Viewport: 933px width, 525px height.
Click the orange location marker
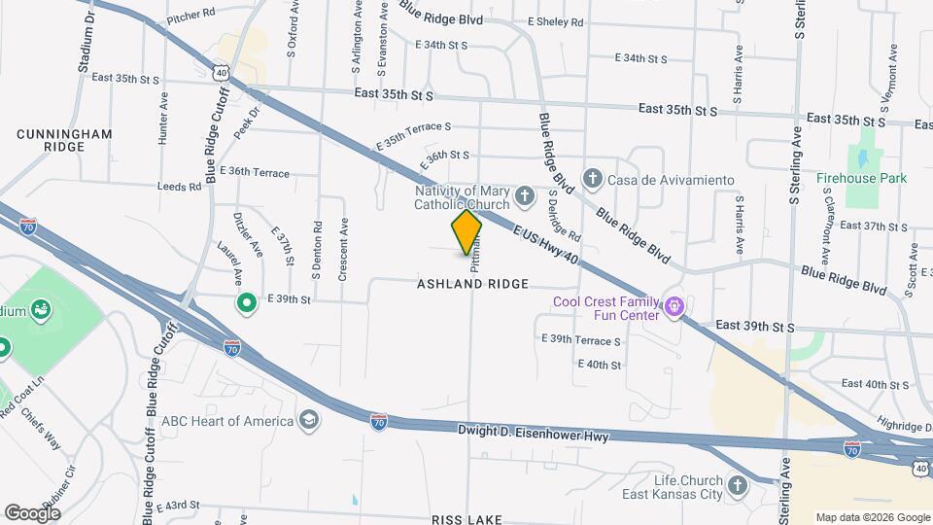466,232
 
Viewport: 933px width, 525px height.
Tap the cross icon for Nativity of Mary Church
525,197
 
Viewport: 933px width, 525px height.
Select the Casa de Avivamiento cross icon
592,179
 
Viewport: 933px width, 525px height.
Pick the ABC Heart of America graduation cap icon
309,420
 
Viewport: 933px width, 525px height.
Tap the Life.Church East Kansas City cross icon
738,486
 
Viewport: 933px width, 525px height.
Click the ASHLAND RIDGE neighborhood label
472,284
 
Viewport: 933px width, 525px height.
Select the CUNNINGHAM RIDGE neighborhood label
65,139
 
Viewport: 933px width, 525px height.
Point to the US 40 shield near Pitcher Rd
223,72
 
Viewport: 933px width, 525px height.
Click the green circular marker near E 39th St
247,303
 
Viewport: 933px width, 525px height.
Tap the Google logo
32,512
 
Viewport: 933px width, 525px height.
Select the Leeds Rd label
182,186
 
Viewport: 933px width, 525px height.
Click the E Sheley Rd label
555,21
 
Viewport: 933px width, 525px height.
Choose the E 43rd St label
176,506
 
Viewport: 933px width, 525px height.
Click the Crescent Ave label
343,249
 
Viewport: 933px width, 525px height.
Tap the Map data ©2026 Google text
872,517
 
